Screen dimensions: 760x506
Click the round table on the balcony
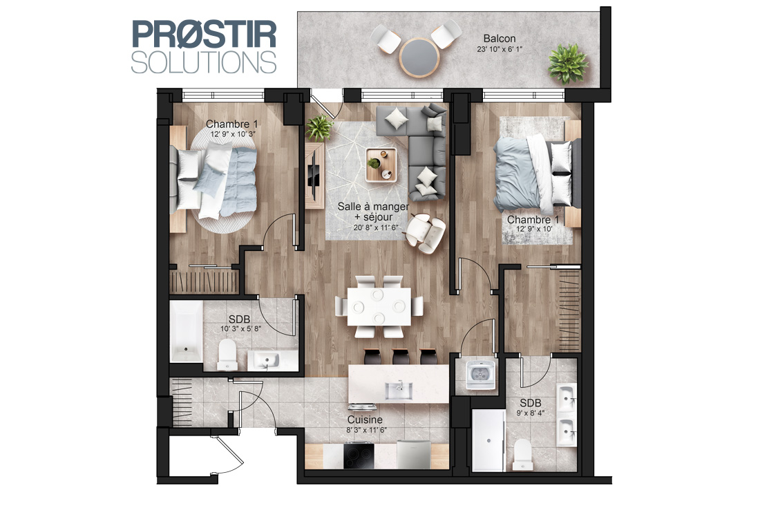pos(419,57)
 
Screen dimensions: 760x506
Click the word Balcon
pos(500,38)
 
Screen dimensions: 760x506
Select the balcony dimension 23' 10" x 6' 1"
pos(500,49)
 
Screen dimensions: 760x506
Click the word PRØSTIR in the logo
pos(204,34)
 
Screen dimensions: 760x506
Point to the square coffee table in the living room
pos(381,165)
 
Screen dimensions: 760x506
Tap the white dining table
pos(379,306)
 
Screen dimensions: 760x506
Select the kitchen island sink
pos(399,391)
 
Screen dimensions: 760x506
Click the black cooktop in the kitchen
pos(359,456)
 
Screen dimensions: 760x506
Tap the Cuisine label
pos(365,420)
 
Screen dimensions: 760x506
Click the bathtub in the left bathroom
pos(186,331)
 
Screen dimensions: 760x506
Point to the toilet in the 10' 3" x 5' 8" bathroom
pos(227,355)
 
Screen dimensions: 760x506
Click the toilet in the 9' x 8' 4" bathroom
pos(522,454)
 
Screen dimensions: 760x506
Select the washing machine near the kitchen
pos(480,373)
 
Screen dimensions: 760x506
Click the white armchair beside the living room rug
pos(425,234)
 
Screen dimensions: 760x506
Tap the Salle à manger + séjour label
pos(373,212)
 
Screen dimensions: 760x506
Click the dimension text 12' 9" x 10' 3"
pos(233,134)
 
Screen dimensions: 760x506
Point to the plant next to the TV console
pos(319,128)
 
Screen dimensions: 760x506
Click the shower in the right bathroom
pos(488,440)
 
